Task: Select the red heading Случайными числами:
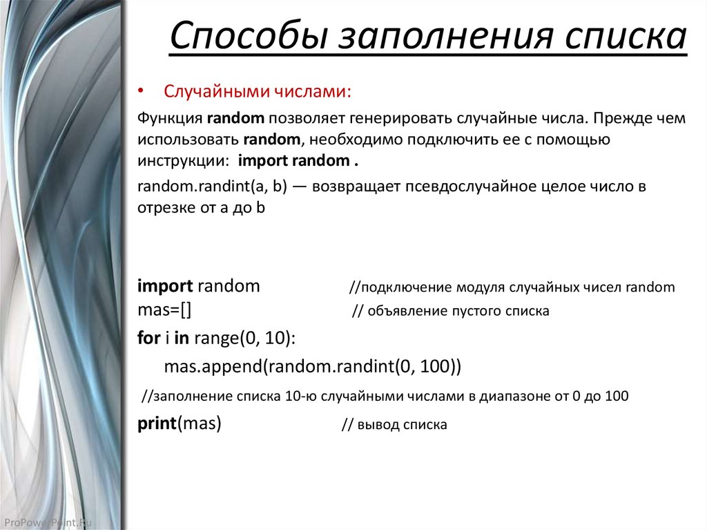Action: [x=258, y=92]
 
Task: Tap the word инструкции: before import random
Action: [x=184, y=160]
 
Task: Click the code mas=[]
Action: [x=164, y=309]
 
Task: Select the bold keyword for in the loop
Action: [x=148, y=339]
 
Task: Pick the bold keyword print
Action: [x=157, y=424]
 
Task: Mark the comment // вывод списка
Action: [x=394, y=425]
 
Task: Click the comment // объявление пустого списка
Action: [x=450, y=311]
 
